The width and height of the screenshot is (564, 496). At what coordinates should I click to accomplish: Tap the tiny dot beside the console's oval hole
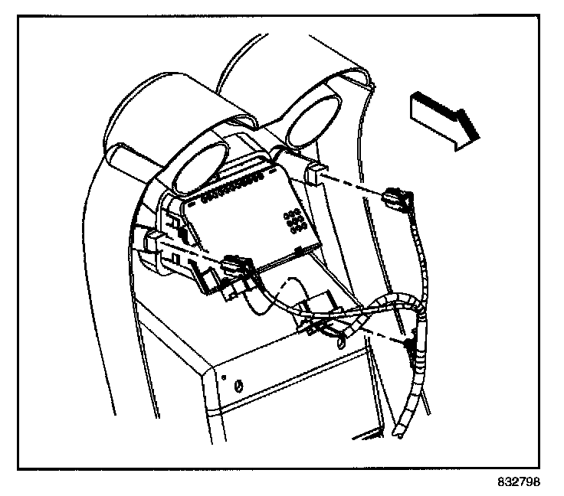[223, 377]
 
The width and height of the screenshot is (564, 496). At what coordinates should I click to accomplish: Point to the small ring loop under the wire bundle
[334, 333]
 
